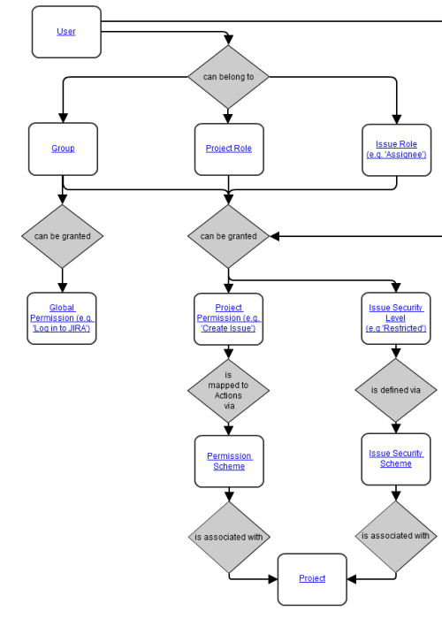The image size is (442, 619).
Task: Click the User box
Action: click(66, 32)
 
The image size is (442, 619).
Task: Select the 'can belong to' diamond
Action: click(228, 77)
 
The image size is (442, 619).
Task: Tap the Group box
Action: click(63, 149)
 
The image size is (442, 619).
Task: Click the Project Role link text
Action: click(228, 149)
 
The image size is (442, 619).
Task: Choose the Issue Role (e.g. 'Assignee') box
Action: click(396, 149)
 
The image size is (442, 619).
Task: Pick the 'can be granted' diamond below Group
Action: click(63, 236)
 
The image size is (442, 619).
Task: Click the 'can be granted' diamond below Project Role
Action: click(228, 236)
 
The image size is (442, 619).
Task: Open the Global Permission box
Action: click(62, 318)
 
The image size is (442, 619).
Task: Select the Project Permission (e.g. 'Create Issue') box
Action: click(229, 318)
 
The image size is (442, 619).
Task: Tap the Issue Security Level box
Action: click(396, 318)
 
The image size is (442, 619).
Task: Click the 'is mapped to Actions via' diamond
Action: click(228, 389)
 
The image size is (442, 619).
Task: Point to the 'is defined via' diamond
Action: click(396, 389)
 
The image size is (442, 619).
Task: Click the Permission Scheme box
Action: click(229, 461)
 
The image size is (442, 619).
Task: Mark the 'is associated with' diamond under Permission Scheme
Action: click(228, 536)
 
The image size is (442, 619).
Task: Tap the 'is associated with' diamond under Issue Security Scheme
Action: click(396, 536)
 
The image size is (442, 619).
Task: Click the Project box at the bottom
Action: click(312, 578)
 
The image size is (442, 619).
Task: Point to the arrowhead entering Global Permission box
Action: click(63, 287)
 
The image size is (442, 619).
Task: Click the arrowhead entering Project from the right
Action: click(352, 578)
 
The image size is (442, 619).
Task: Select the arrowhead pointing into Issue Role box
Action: click(396, 118)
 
